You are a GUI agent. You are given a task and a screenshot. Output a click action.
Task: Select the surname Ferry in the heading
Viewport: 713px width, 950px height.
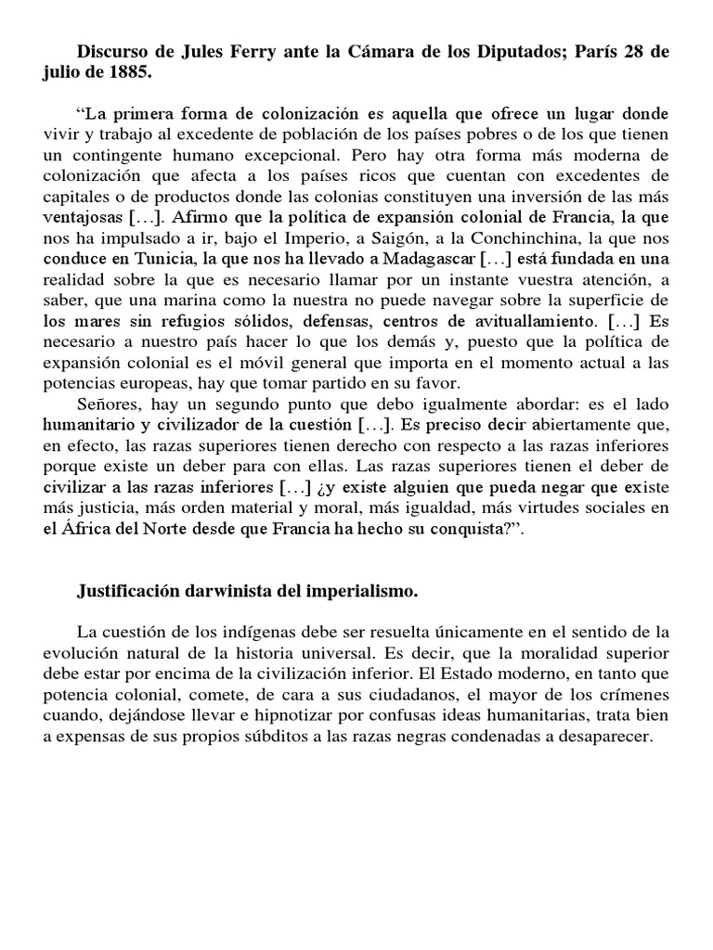click(x=251, y=53)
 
